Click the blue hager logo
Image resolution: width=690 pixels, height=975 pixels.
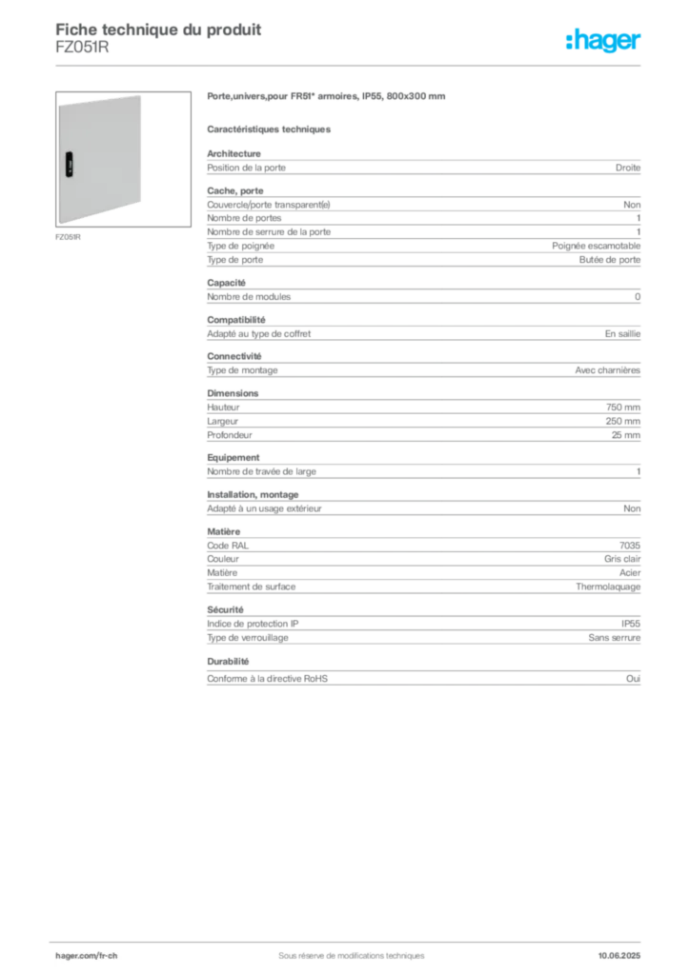tap(605, 41)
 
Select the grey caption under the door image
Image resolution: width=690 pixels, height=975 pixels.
tap(69, 236)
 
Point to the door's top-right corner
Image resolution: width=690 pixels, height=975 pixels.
tap(143, 94)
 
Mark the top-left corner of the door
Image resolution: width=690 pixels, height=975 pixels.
tap(59, 102)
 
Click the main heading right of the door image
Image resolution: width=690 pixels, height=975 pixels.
tap(327, 97)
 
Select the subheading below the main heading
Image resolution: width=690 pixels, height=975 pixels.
tap(270, 127)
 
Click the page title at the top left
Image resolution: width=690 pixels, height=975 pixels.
tap(158, 30)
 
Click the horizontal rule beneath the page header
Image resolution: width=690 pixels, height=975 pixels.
tap(351, 64)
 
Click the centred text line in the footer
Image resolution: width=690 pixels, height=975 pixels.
tap(345, 949)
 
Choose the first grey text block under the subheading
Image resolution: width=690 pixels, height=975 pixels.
tap(422, 166)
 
